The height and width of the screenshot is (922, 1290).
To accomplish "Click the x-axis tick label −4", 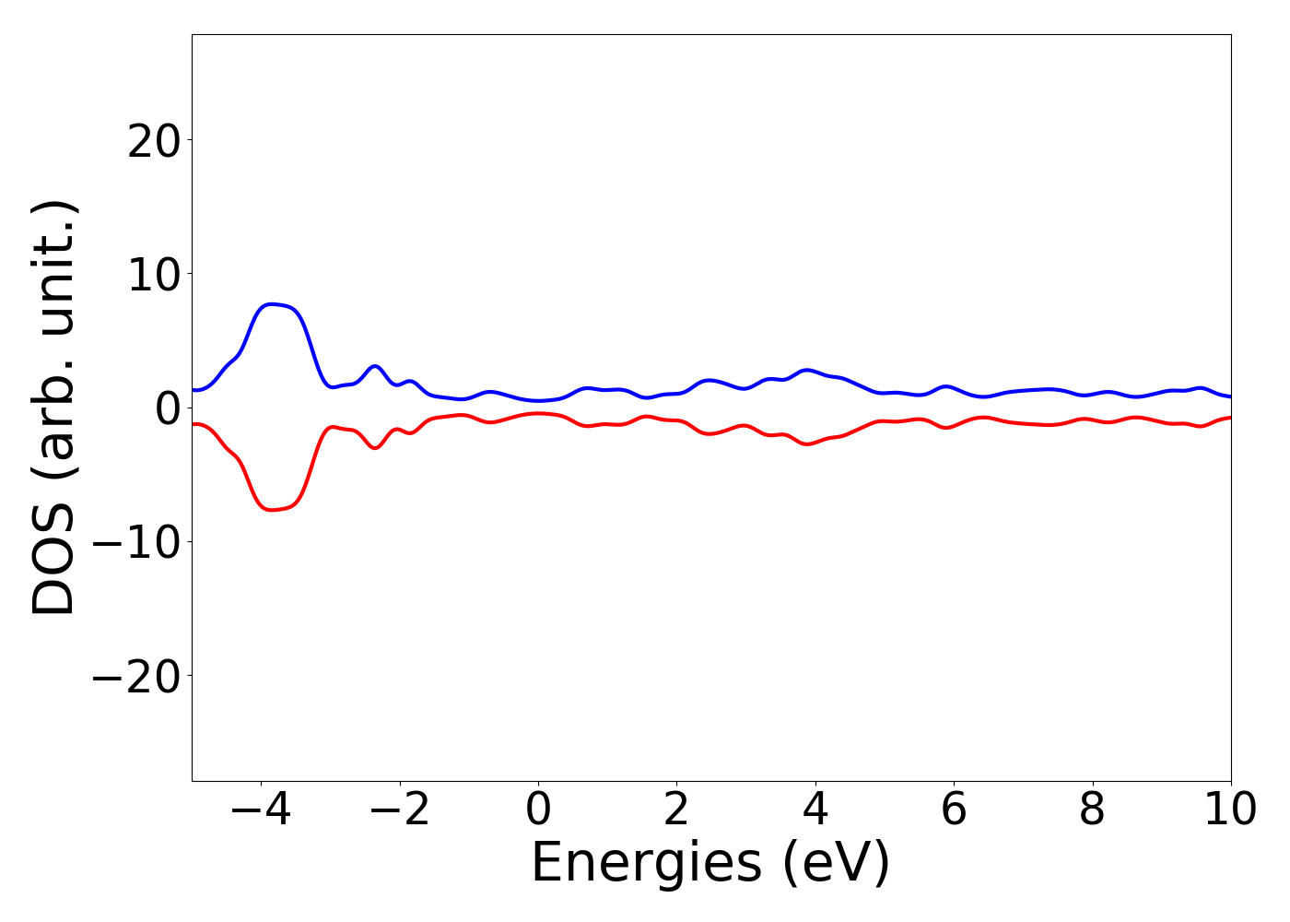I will pyautogui.click(x=261, y=810).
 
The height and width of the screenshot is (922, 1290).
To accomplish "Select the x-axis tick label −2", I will pyautogui.click(x=399, y=810).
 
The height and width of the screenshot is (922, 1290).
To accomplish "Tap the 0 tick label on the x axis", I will pyautogui.click(x=538, y=810).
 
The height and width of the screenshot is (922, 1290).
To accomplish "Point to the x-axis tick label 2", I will pyautogui.click(x=676, y=810).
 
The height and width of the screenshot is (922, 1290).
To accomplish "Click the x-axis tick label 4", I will pyautogui.click(x=815, y=810).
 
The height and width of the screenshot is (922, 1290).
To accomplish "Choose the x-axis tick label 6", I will pyautogui.click(x=954, y=810).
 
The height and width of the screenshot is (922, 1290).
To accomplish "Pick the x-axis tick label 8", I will pyautogui.click(x=1092, y=810).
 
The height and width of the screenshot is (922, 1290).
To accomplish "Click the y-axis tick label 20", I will pyautogui.click(x=153, y=141).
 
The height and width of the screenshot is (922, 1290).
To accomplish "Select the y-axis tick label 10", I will pyautogui.click(x=153, y=275).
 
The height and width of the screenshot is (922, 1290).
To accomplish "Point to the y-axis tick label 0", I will pyautogui.click(x=168, y=408).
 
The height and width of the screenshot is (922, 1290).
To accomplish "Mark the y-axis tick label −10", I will pyautogui.click(x=137, y=542).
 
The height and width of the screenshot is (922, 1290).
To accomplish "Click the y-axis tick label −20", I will pyautogui.click(x=137, y=676).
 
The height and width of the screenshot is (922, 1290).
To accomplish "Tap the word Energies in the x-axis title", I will pyautogui.click(x=646, y=864).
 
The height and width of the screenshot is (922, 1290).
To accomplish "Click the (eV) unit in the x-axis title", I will pyautogui.click(x=836, y=864).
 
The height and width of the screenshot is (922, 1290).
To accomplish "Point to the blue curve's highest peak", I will pyautogui.click(x=271, y=303).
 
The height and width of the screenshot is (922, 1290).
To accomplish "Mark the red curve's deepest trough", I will pyautogui.click(x=271, y=510).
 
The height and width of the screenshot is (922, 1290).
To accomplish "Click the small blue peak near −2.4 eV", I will pyautogui.click(x=375, y=366).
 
